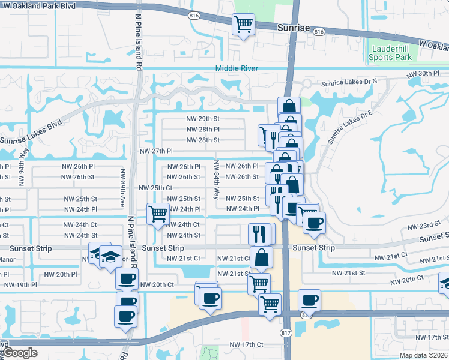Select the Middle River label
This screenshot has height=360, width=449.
click(237, 68)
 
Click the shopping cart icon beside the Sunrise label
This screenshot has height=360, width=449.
click(244, 25)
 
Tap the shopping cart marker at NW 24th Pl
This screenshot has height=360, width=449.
click(158, 213)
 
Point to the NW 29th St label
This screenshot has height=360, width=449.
click(203, 119)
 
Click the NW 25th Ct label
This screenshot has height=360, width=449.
click(156, 188)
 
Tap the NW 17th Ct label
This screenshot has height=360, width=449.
click(247, 344)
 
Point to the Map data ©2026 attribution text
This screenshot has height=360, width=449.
click(423, 355)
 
